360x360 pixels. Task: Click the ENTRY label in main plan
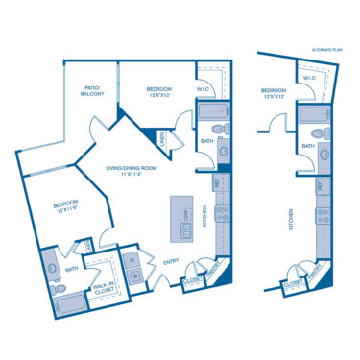click(172, 260)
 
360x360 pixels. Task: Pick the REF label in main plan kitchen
click(216, 181)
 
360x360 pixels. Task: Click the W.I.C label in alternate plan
click(309, 78)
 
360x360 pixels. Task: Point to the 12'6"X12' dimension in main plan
click(148, 95)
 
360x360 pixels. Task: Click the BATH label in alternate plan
click(308, 146)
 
